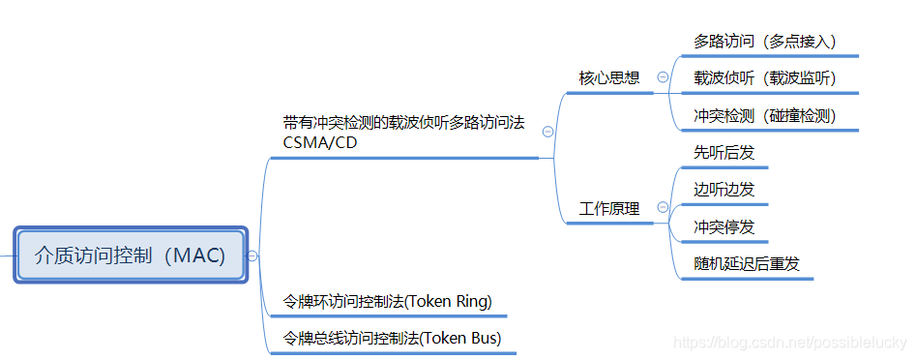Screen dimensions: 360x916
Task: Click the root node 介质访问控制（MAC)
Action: click(131, 255)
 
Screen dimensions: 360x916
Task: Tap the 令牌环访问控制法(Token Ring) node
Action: click(387, 301)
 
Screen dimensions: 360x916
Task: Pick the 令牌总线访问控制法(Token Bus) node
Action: click(392, 339)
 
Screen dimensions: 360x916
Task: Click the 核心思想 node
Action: click(609, 77)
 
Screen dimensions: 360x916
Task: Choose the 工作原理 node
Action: click(609, 208)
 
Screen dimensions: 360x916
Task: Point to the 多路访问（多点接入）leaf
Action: click(764, 42)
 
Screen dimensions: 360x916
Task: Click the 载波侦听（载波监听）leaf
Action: click(764, 78)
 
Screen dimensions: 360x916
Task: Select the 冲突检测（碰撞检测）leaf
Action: click(764, 116)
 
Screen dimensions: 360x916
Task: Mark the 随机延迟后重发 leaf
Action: click(747, 264)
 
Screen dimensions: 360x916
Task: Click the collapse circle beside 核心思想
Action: click(663, 77)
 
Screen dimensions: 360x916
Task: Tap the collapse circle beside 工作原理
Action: click(663, 207)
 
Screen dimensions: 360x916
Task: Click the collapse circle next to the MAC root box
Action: click(252, 255)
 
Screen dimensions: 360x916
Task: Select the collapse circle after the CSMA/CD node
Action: click(548, 132)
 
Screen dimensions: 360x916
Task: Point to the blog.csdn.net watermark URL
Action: click(790, 343)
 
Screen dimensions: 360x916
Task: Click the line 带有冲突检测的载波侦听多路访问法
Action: click(403, 123)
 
